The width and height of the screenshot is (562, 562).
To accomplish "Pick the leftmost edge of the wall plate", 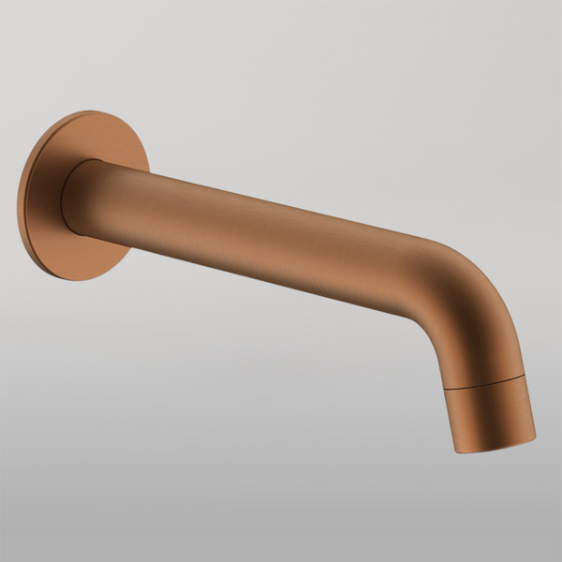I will pyautogui.click(x=18, y=201).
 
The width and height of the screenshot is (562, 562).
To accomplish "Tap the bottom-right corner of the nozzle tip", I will pyautogui.click(x=535, y=436).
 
